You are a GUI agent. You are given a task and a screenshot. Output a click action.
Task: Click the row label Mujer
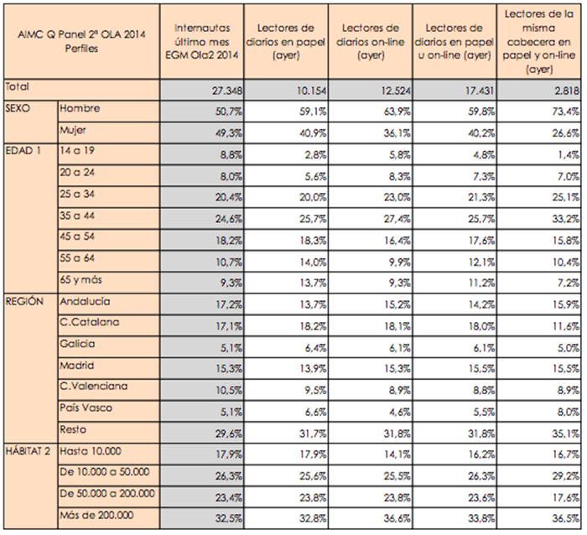[75, 131]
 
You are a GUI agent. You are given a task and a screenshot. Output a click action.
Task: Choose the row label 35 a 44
[76, 215]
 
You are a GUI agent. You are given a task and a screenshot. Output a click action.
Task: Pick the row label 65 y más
[80, 278]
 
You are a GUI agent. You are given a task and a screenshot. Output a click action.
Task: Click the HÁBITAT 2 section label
[29, 450]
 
